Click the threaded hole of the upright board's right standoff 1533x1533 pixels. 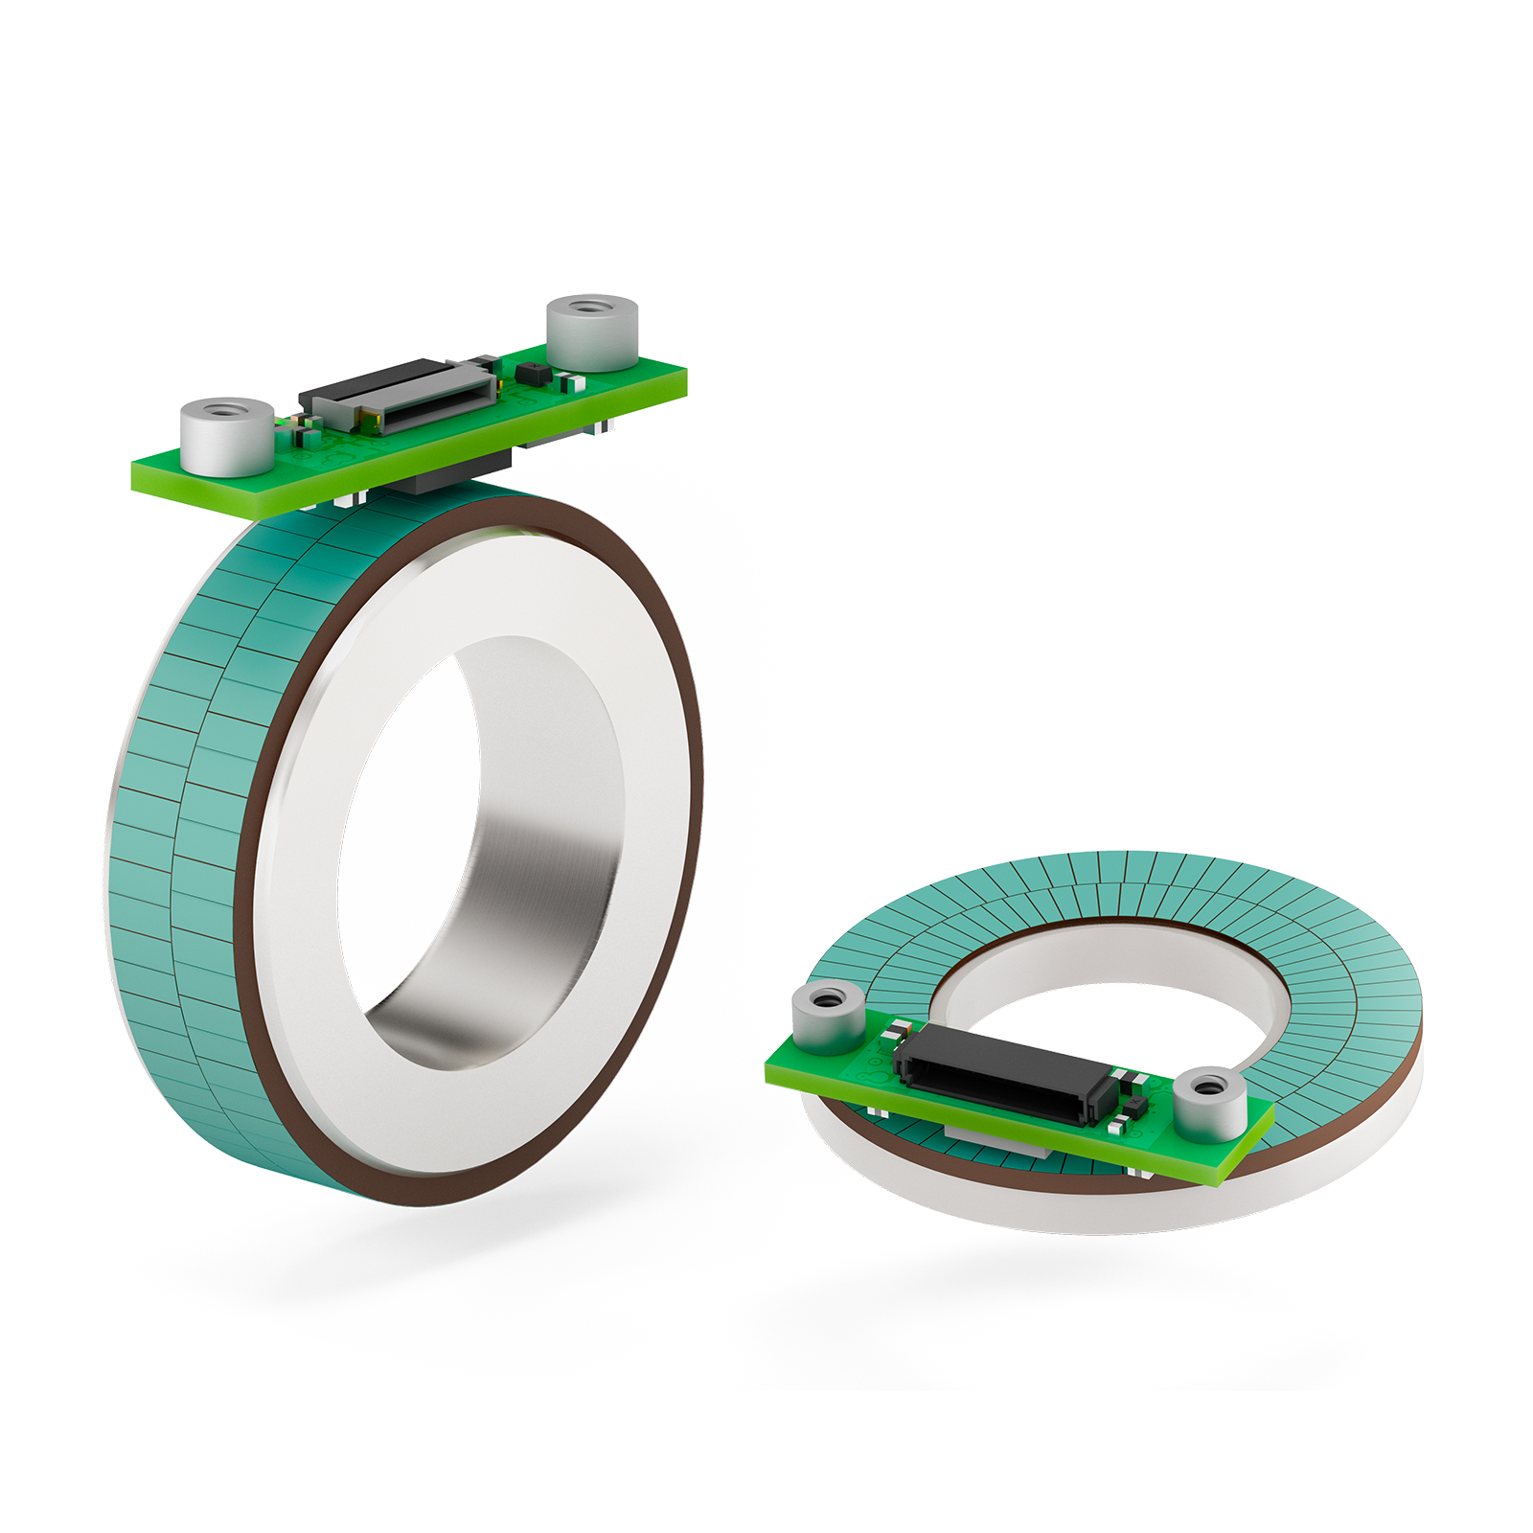[x=591, y=309]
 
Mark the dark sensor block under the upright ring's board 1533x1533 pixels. [x=450, y=474]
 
